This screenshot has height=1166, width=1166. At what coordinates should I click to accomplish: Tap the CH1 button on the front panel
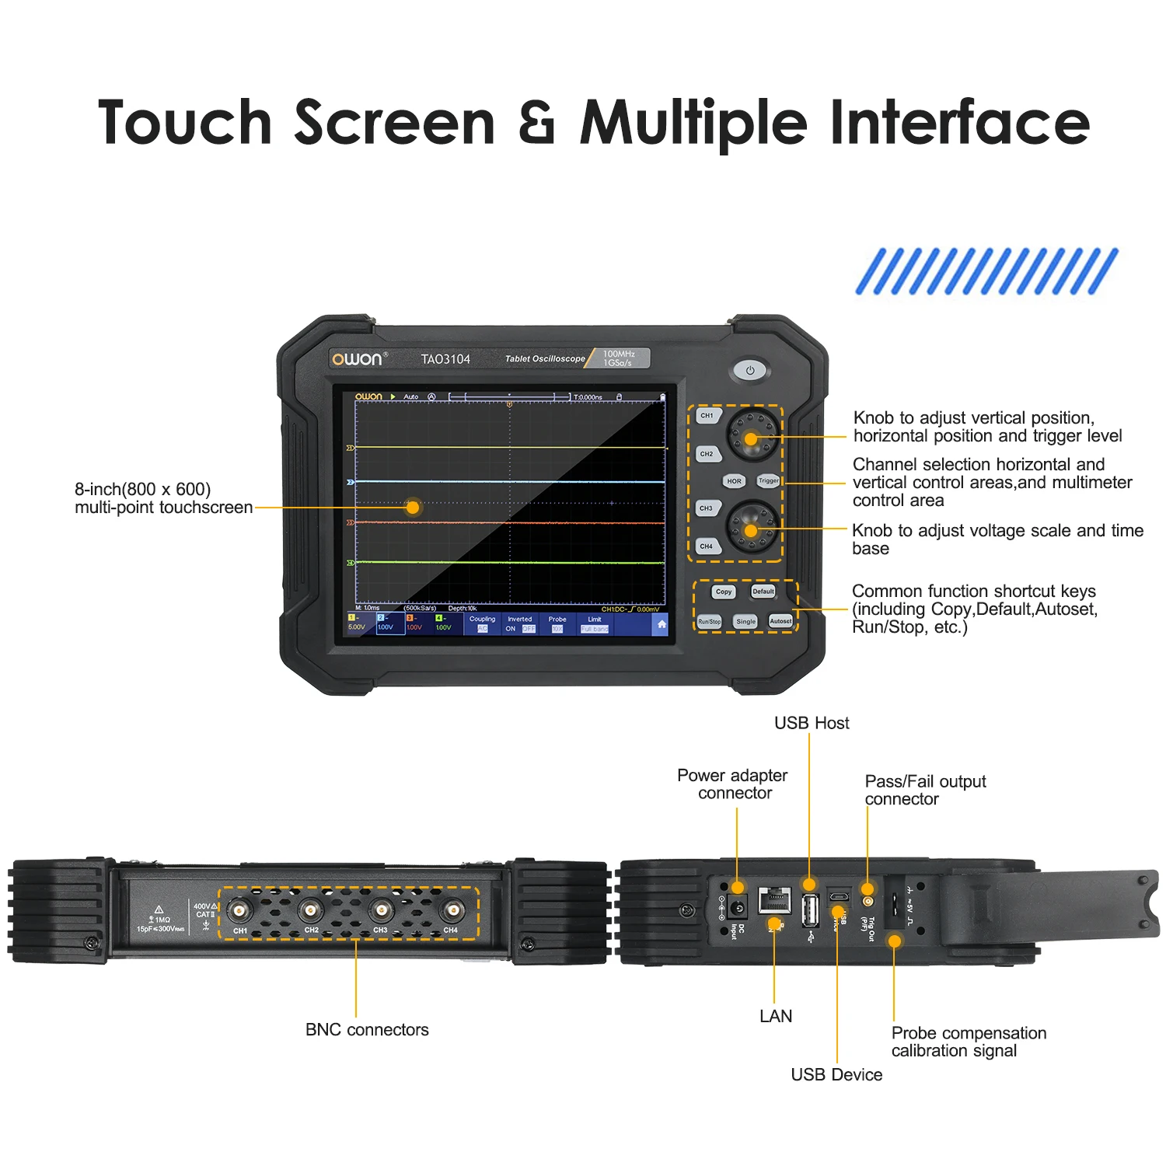(707, 416)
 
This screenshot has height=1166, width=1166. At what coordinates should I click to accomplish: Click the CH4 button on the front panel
(707, 546)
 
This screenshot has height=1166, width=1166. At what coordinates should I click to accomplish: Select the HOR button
(734, 481)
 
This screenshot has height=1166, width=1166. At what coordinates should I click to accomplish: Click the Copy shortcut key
(724, 592)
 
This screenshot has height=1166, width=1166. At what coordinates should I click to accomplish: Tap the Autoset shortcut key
(780, 621)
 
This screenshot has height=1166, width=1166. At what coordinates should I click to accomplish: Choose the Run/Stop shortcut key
(709, 622)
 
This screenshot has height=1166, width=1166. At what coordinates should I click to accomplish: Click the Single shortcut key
(745, 622)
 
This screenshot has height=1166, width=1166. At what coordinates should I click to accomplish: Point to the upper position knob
(752, 438)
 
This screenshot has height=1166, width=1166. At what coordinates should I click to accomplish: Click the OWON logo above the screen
(358, 359)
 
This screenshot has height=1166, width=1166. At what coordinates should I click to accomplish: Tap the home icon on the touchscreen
(662, 624)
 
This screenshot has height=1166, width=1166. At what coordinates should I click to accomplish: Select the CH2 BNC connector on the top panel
(310, 910)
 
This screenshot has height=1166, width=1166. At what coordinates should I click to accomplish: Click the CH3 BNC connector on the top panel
(381, 910)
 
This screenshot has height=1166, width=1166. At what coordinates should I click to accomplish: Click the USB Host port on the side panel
(810, 910)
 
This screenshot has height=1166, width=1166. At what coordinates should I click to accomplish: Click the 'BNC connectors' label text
(367, 1030)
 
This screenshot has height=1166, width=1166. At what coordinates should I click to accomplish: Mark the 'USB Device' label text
(836, 1075)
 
